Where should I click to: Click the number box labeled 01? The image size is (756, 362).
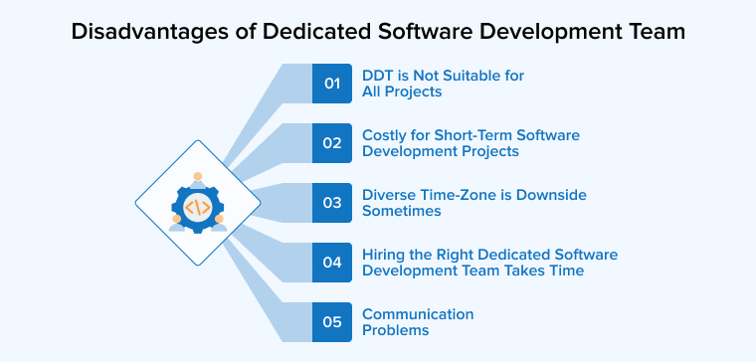click(x=332, y=84)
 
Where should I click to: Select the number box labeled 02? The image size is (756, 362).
click(x=332, y=142)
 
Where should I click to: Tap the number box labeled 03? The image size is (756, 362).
click(x=332, y=202)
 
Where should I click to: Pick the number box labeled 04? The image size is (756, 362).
click(x=332, y=263)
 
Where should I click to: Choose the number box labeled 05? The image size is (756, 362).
click(x=332, y=321)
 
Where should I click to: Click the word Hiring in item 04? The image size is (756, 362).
click(x=384, y=255)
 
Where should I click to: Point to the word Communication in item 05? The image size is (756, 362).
click(x=418, y=314)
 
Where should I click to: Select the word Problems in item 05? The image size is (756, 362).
click(x=395, y=330)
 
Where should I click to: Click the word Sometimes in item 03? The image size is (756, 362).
click(x=401, y=211)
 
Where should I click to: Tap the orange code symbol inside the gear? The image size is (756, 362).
click(x=198, y=208)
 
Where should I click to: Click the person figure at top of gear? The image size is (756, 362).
click(x=198, y=180)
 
